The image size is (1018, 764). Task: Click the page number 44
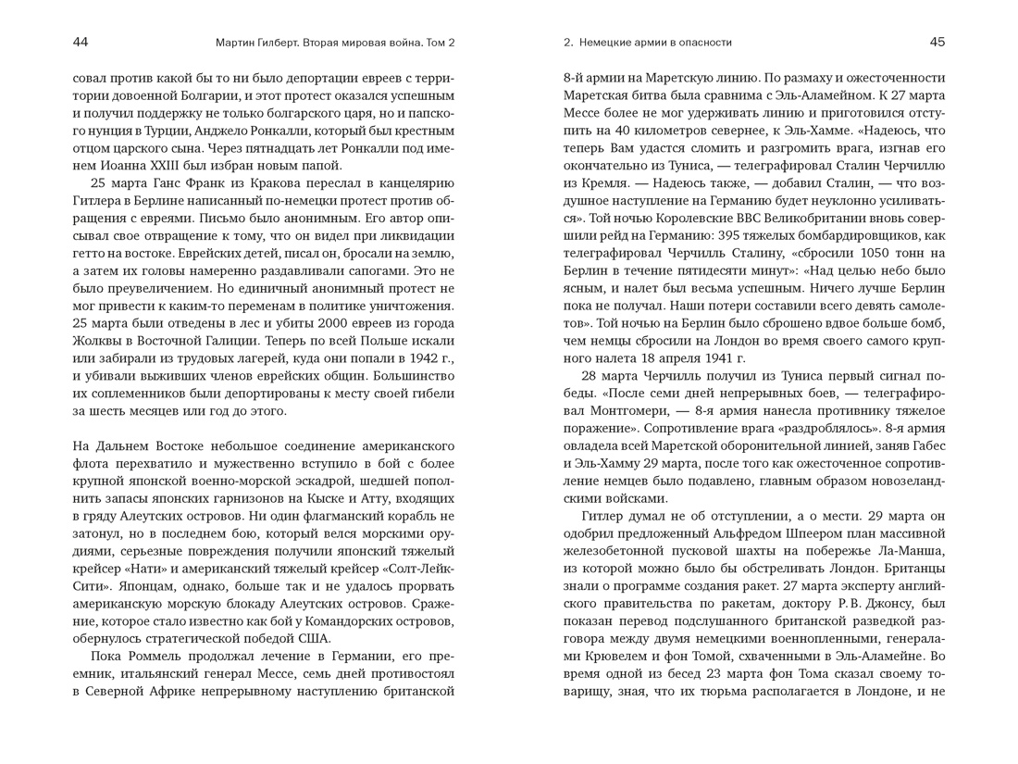pos(81,42)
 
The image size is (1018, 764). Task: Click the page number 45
pos(937,42)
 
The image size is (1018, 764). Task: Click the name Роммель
pos(156,656)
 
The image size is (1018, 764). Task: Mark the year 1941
pos(709,357)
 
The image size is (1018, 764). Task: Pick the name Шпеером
pos(823,533)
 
